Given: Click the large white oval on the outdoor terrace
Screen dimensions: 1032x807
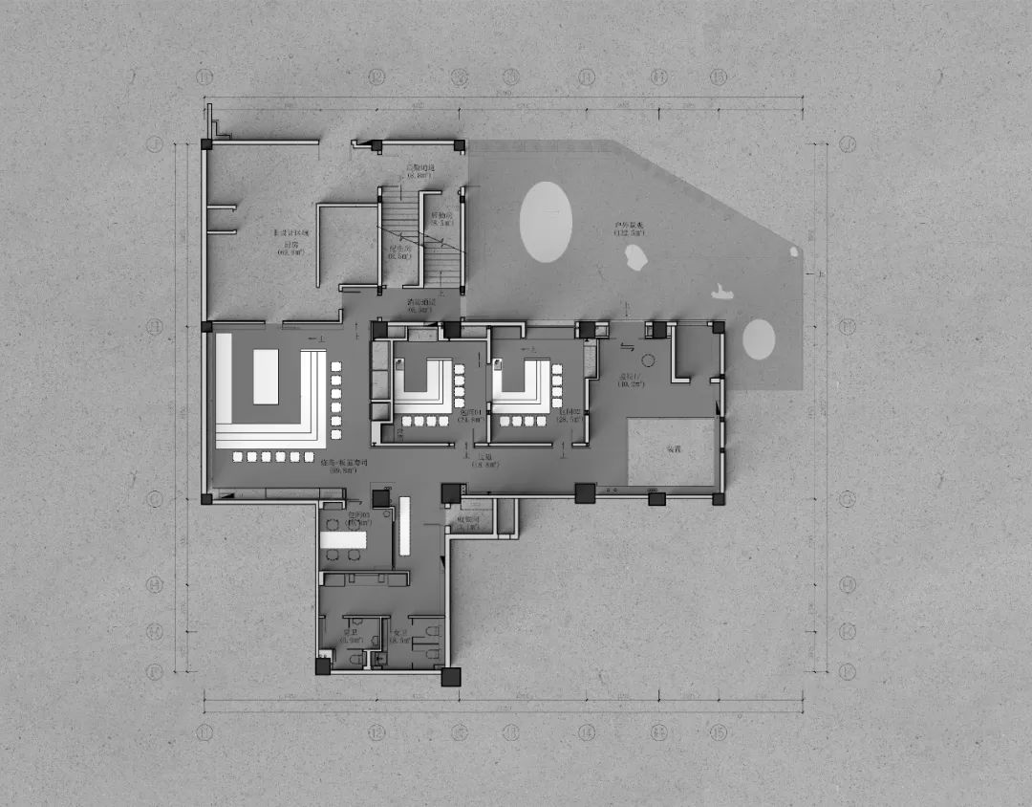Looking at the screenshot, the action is (546, 223).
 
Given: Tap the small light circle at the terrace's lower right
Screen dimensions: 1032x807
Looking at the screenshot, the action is (759, 338).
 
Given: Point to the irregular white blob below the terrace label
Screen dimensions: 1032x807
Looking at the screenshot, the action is (634, 256).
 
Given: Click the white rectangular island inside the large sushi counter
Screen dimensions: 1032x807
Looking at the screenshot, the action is (265, 379).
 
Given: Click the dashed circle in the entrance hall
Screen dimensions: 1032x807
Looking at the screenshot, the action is (647, 361).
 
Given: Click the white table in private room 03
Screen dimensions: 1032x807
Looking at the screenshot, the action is (343, 540).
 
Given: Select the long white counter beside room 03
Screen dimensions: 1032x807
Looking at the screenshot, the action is (403, 527).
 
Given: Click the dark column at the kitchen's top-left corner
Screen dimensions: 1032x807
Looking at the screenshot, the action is (205, 144).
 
